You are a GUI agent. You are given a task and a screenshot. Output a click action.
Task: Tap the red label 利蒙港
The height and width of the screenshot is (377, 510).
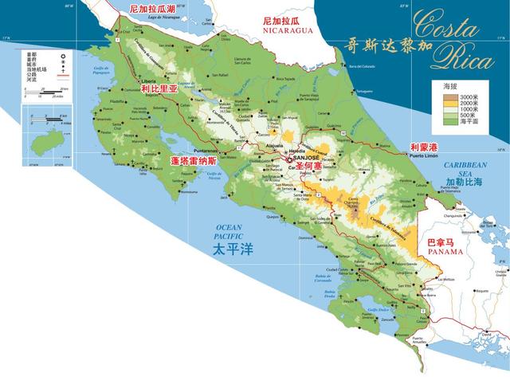[x=423, y=147]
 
